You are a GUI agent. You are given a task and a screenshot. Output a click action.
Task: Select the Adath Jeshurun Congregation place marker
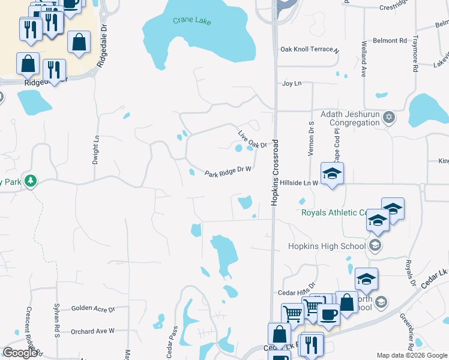[389, 117]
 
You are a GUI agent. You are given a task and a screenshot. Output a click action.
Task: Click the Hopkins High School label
[327, 246]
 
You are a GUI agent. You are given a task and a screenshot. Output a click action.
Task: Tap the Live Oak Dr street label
[252, 140]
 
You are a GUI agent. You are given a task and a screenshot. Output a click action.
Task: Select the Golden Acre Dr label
[93, 308]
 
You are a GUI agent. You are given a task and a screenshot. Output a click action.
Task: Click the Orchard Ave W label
[92, 331]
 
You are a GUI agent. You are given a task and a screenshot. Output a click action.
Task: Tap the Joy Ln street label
[291, 83]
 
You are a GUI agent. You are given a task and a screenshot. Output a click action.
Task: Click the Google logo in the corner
[20, 353]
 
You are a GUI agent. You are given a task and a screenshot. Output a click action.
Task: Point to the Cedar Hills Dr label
[297, 292]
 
